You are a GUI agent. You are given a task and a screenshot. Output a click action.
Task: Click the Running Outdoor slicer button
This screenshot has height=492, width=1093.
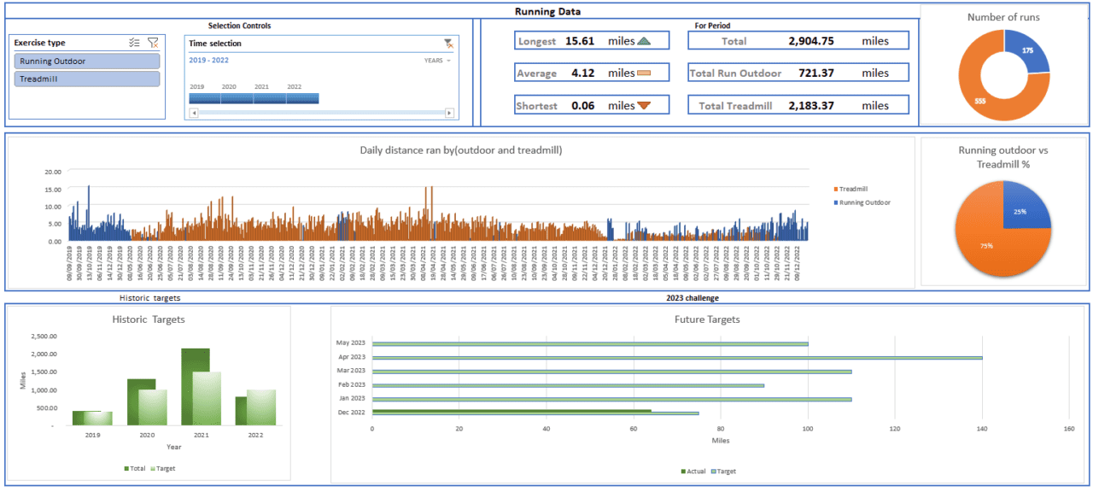click(x=87, y=61)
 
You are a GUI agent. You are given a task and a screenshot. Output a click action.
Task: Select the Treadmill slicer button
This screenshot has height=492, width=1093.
click(x=87, y=79)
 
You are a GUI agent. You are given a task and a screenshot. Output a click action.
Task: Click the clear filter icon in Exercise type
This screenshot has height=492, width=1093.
click(x=153, y=43)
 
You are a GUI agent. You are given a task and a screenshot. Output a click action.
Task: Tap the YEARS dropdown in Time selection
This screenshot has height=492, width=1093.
click(x=437, y=61)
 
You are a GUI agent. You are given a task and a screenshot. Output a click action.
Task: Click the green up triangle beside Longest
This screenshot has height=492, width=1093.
click(x=644, y=41)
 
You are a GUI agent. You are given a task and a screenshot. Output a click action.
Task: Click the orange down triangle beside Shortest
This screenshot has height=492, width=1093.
click(x=644, y=106)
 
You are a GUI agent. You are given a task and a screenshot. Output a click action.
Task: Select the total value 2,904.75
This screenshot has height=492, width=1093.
click(x=811, y=41)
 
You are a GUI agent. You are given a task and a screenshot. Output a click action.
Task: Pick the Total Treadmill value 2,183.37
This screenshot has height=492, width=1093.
click(x=811, y=106)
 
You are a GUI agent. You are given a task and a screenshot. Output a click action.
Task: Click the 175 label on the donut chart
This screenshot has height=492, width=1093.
click(x=1028, y=51)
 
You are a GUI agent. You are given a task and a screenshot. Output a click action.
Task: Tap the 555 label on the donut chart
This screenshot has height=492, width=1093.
click(x=981, y=101)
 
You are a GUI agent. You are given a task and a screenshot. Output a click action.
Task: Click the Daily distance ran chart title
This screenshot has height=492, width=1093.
click(x=461, y=150)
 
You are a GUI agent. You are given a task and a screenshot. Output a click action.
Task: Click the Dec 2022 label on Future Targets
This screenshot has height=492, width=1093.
click(x=352, y=412)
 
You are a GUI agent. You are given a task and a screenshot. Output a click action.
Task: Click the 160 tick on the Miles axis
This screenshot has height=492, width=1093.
click(x=1068, y=430)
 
